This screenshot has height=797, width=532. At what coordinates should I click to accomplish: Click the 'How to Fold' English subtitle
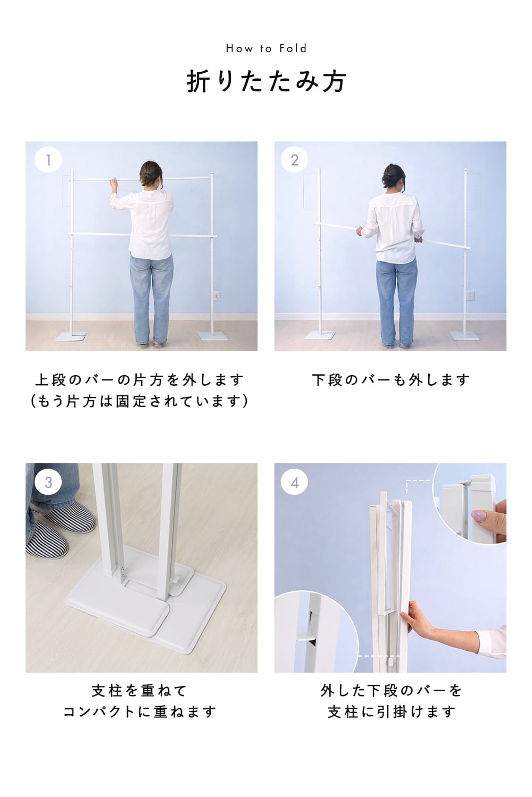266,48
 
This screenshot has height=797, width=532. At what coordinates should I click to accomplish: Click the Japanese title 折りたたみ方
266,81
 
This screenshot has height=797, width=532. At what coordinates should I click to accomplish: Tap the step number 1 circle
48,159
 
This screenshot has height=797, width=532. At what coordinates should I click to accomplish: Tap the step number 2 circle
294,160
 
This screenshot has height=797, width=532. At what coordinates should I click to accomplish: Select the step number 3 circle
48,482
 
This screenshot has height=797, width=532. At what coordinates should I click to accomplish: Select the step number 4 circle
294,482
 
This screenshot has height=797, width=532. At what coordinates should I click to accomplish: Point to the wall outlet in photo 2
470,295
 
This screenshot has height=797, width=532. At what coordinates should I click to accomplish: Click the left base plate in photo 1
71,336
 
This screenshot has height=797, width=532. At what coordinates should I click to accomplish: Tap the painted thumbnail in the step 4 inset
478,516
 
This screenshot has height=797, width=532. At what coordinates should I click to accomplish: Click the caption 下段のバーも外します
390,380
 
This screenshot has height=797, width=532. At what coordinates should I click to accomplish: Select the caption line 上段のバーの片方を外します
139,380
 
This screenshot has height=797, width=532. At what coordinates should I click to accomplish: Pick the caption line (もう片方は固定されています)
139,401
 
